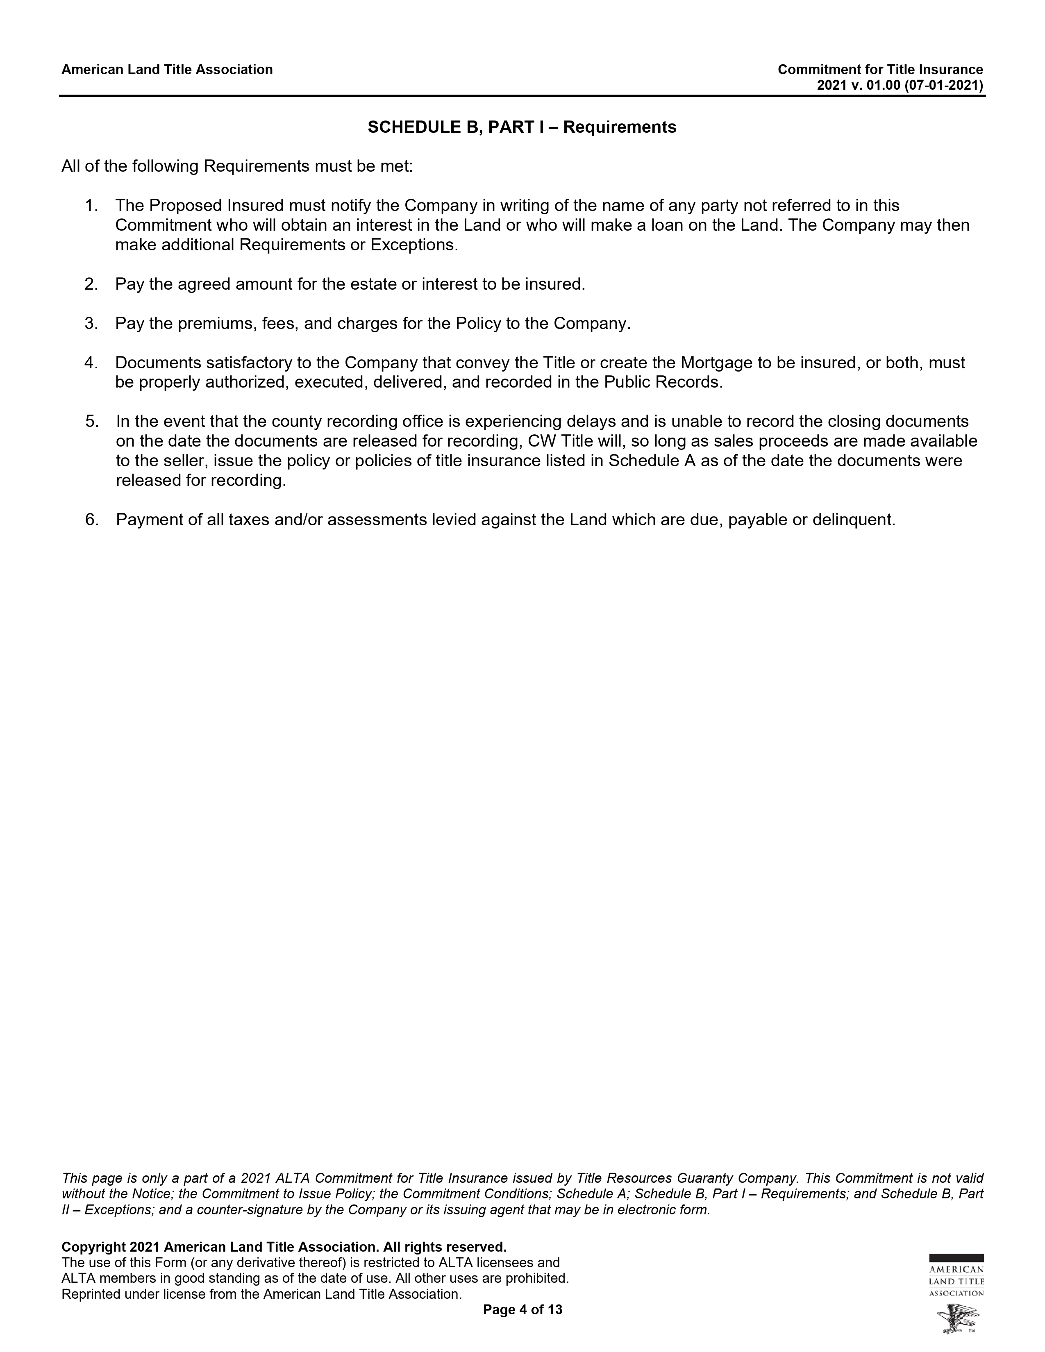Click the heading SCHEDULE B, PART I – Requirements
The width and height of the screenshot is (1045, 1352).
pos(522,127)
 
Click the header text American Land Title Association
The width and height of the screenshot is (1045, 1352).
pos(167,69)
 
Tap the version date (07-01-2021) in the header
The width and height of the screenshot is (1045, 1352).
pos(943,86)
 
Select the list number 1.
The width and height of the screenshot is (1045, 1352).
pos(92,206)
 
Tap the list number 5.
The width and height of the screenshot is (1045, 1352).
pos(92,422)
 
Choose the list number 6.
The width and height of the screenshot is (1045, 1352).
pos(92,519)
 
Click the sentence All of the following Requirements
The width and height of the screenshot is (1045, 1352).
pos(236,166)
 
